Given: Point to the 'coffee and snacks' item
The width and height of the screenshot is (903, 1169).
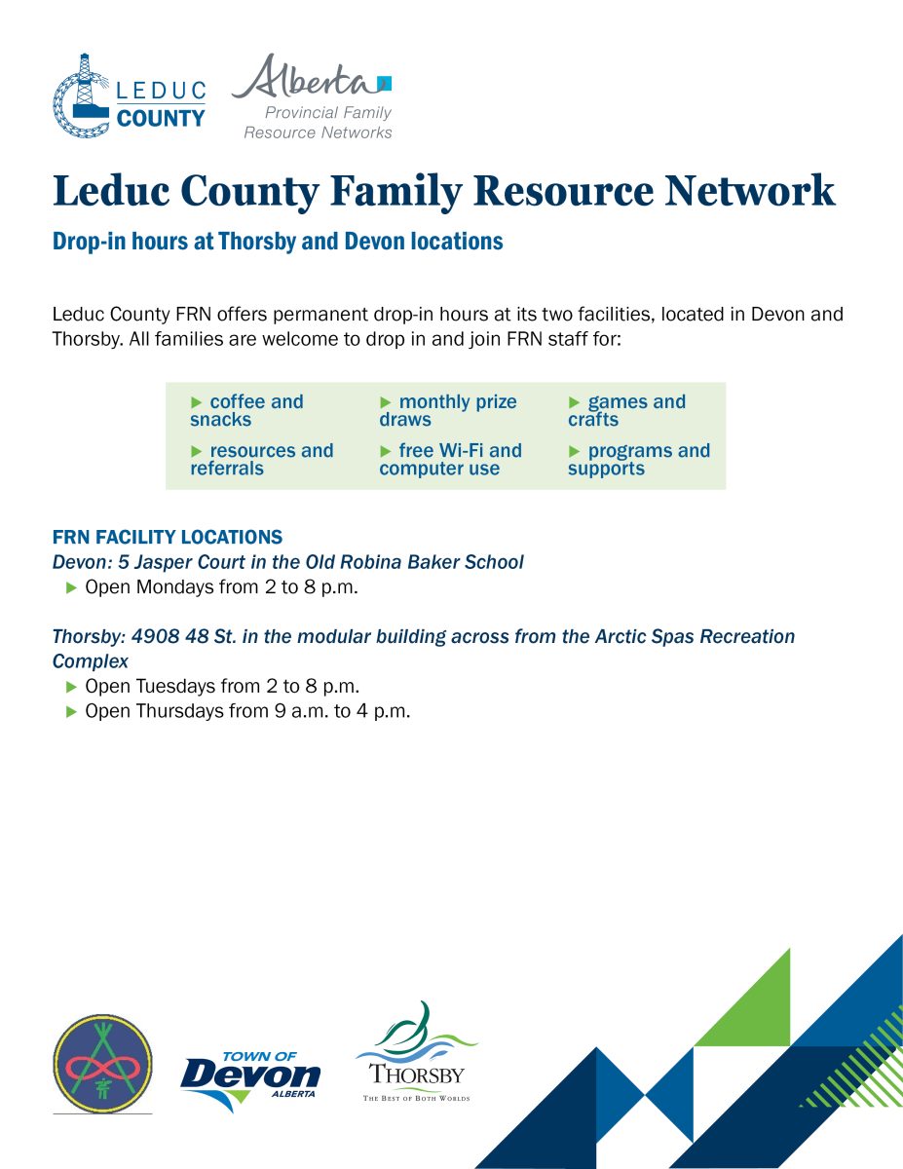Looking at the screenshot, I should [x=246, y=411].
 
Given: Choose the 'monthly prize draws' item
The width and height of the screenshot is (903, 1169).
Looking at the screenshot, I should [x=447, y=411].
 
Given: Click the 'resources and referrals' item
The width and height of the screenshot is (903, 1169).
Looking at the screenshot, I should [x=261, y=460].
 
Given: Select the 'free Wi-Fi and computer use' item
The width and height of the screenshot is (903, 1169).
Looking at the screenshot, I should [x=450, y=460].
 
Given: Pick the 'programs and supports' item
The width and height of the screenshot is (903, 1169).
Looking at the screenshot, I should [x=639, y=460].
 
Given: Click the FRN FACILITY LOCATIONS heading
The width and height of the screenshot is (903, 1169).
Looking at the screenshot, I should [x=168, y=537].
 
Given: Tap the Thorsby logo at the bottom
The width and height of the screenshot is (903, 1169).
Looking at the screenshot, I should [x=417, y=1053].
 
